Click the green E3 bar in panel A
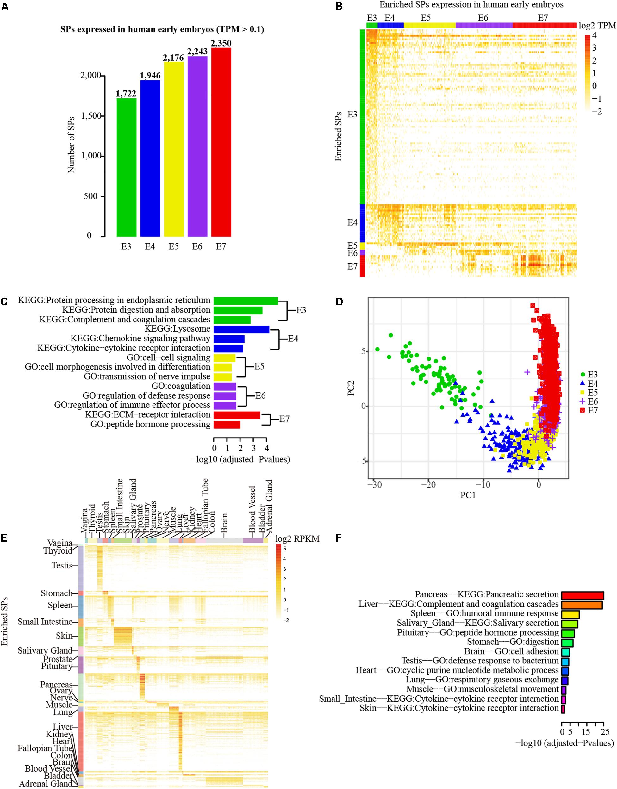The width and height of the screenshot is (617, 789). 127,167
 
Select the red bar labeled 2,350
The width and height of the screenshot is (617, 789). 221,142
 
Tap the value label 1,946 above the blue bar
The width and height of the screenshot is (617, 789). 150,76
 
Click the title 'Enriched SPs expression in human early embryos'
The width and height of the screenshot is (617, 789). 471,5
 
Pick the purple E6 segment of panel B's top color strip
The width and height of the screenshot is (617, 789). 484,25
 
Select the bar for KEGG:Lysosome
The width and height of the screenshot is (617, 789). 241,329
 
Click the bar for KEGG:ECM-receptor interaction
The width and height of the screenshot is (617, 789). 237,415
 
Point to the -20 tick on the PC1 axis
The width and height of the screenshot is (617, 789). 428,484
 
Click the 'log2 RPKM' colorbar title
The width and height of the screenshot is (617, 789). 297,539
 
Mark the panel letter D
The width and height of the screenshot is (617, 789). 339,301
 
